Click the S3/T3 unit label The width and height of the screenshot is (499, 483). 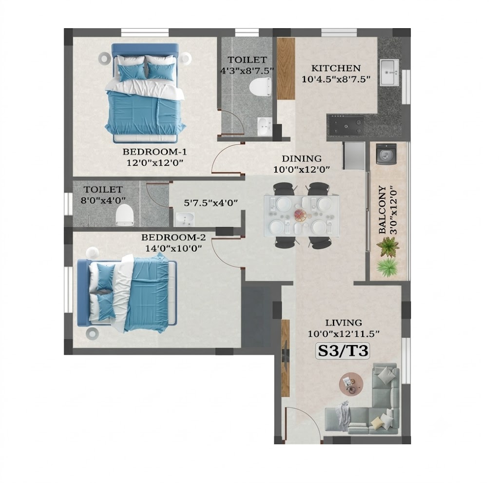coord(343,350)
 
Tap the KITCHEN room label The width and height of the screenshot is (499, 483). coord(336,68)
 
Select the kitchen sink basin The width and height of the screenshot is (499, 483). coord(389,72)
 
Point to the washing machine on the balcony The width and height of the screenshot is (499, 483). coord(386,154)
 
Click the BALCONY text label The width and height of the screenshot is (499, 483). coord(383,210)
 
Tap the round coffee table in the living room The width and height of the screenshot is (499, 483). coord(352,384)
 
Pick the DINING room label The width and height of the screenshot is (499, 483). coord(301,158)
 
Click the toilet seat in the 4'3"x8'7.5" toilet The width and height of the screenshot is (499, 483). coord(260,87)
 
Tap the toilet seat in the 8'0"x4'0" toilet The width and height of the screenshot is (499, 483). coord(124,215)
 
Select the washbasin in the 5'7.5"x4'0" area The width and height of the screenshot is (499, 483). coord(185,219)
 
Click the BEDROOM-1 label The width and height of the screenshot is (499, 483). coord(154,152)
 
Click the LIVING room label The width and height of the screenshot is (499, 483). coord(344,323)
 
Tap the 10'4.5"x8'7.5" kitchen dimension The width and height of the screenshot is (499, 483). coord(336,79)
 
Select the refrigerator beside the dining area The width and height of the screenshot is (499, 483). coord(354,155)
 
